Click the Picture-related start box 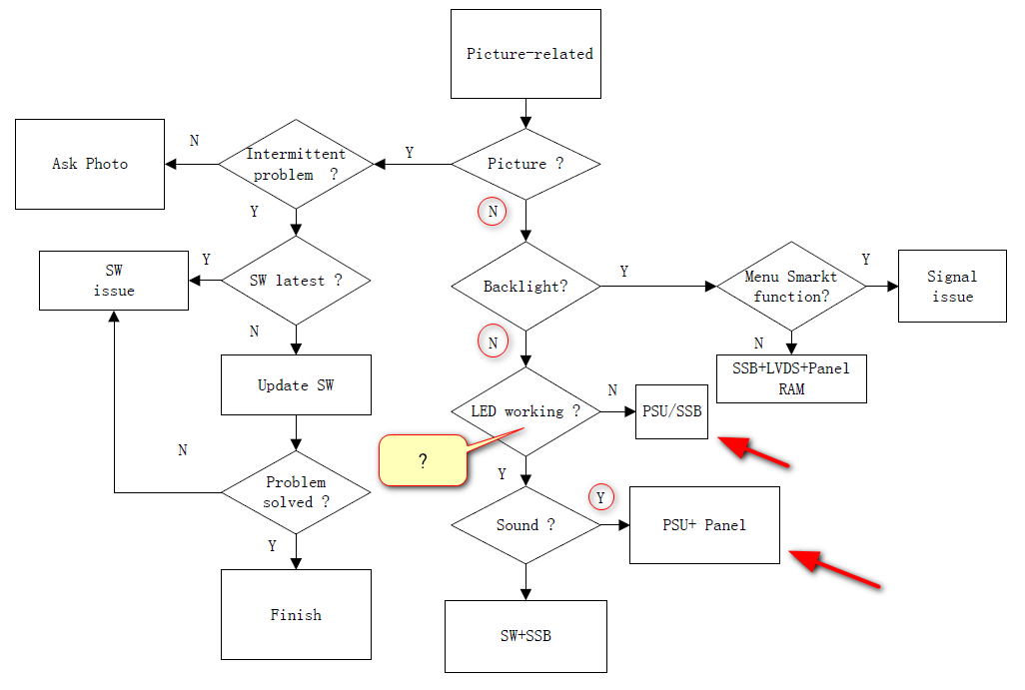(x=525, y=54)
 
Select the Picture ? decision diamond (x=525, y=164)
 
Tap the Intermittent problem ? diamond (x=296, y=164)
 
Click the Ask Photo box (x=90, y=164)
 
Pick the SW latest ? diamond (x=296, y=281)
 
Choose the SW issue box (x=114, y=281)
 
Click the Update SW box (x=296, y=384)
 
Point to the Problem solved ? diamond (x=296, y=492)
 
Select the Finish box (x=296, y=614)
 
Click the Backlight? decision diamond (x=525, y=287)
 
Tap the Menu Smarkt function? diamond (x=791, y=287)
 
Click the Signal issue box (x=952, y=286)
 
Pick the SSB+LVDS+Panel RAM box (x=791, y=378)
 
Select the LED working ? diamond (x=525, y=411)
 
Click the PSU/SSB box (x=671, y=411)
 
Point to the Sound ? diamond (x=525, y=525)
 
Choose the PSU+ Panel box (x=704, y=525)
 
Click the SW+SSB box (x=525, y=636)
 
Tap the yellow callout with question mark (x=424, y=461)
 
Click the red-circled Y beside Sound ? (x=601, y=496)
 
